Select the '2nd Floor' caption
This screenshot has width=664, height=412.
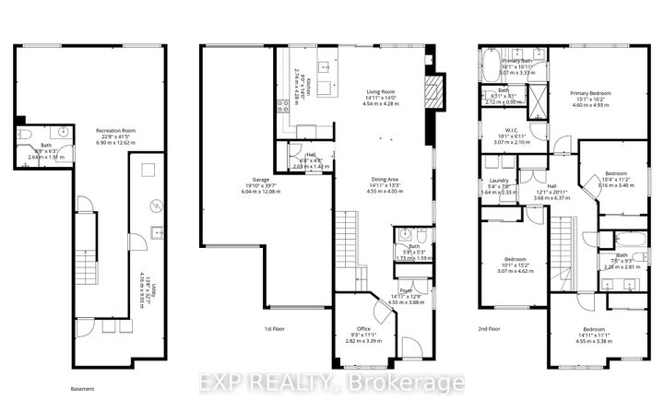(x=491, y=328)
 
